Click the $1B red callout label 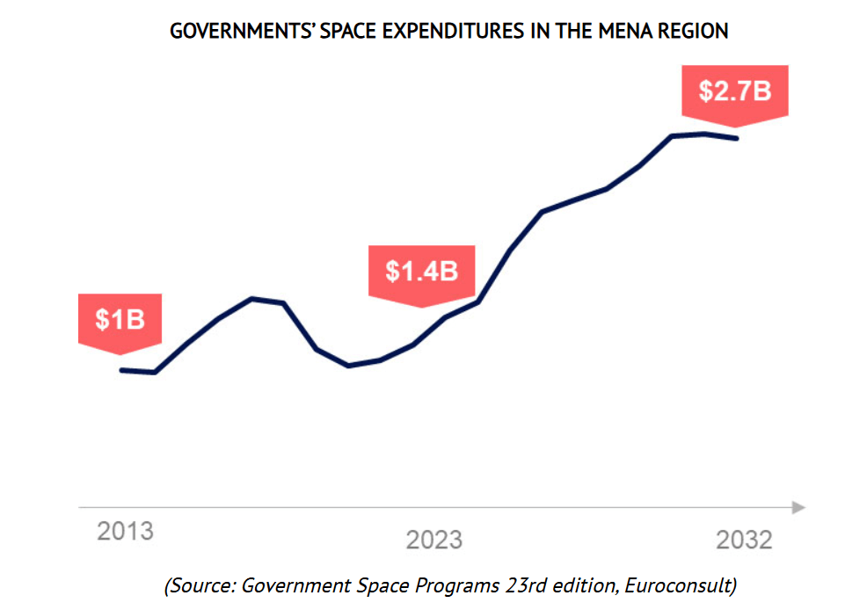pyautogui.click(x=120, y=320)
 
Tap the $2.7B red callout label pyautogui.click(x=734, y=91)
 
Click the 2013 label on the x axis pyautogui.click(x=125, y=532)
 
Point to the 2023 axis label pyautogui.click(x=433, y=540)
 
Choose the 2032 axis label pyautogui.click(x=743, y=540)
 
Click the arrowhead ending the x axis pyautogui.click(x=798, y=507)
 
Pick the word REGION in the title pyautogui.click(x=695, y=32)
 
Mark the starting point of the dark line pyautogui.click(x=121, y=370)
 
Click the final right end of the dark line pyautogui.click(x=737, y=138)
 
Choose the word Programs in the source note pyautogui.click(x=443, y=585)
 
